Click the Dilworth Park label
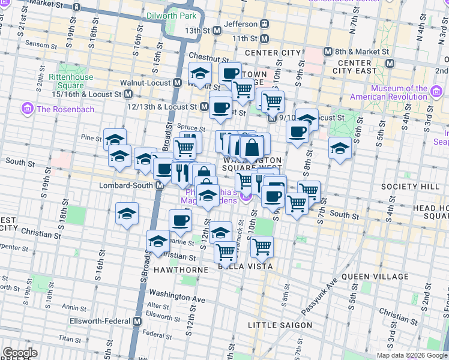[x=172, y=16]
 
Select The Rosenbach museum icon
[x=27, y=109]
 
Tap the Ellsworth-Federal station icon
[x=137, y=321]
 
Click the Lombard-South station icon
[x=160, y=185]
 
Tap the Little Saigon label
[x=280, y=325]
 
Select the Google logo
[x=20, y=353]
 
